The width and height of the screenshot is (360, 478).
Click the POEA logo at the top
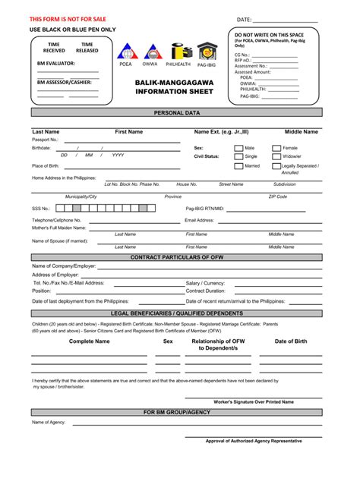point(125,51)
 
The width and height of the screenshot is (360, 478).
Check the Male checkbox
point(238,148)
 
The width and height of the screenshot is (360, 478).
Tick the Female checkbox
point(276,148)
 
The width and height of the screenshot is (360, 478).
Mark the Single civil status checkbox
point(238,156)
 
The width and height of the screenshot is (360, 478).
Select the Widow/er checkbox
point(276,156)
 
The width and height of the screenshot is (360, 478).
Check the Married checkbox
point(238,165)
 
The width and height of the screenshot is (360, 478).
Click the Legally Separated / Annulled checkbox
point(276,165)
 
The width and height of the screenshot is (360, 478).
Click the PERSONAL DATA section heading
point(177,112)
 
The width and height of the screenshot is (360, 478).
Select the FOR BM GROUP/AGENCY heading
point(177,412)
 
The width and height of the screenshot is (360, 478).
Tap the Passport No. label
point(45,140)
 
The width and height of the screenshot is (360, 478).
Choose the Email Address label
point(200,220)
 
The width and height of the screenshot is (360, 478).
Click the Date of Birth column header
point(291,341)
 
